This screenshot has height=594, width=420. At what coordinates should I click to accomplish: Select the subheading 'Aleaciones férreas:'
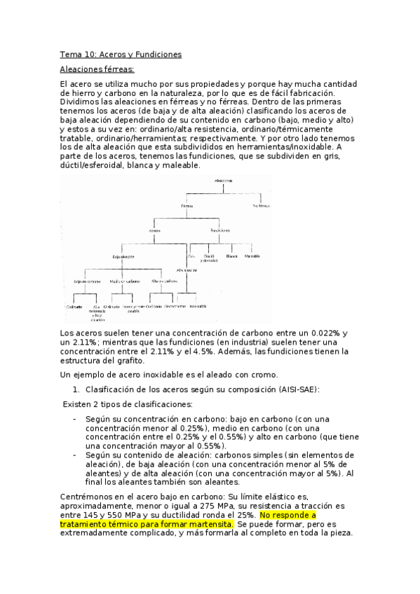click(97, 69)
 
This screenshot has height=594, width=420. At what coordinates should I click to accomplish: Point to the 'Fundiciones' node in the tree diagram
click(221, 230)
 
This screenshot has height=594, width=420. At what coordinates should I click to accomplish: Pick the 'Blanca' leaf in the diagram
click(231, 256)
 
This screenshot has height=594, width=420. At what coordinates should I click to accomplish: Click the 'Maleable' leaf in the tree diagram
click(253, 256)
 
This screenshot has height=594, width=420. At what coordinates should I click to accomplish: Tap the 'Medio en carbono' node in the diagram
click(123, 282)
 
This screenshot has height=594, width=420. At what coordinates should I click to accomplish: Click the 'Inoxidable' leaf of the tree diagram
click(198, 306)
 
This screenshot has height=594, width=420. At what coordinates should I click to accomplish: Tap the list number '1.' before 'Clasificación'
click(76, 389)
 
